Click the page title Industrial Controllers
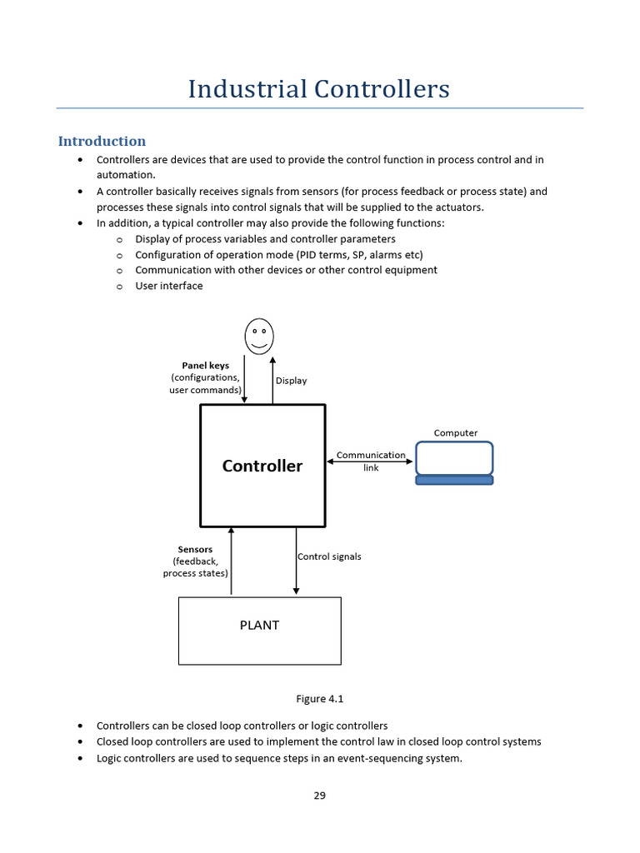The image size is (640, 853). [319, 88]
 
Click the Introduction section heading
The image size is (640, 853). [102, 141]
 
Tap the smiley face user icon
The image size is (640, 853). [259, 336]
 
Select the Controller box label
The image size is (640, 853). [262, 466]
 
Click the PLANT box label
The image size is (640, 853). [259, 625]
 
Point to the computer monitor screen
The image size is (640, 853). [454, 458]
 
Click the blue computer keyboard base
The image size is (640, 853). [454, 480]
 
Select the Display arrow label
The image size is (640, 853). [291, 381]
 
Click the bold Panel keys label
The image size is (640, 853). [205, 365]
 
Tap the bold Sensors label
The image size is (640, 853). [195, 549]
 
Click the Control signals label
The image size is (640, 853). [329, 556]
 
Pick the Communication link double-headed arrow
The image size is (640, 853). [371, 461]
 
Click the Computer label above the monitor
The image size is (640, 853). [456, 432]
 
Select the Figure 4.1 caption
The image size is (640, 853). [319, 699]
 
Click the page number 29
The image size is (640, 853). [319, 796]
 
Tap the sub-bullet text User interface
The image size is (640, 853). [168, 286]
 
